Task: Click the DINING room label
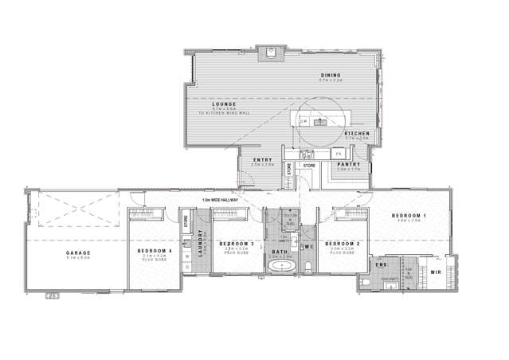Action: point(330,75)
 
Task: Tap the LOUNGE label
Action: point(225,104)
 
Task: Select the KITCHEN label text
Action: point(356,132)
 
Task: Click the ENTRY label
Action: point(262,160)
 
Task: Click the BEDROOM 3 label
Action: point(236,243)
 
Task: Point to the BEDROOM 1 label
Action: point(413,216)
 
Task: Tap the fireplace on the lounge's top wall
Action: point(272,54)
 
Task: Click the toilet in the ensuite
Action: point(365,282)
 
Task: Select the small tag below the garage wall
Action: point(54,296)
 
